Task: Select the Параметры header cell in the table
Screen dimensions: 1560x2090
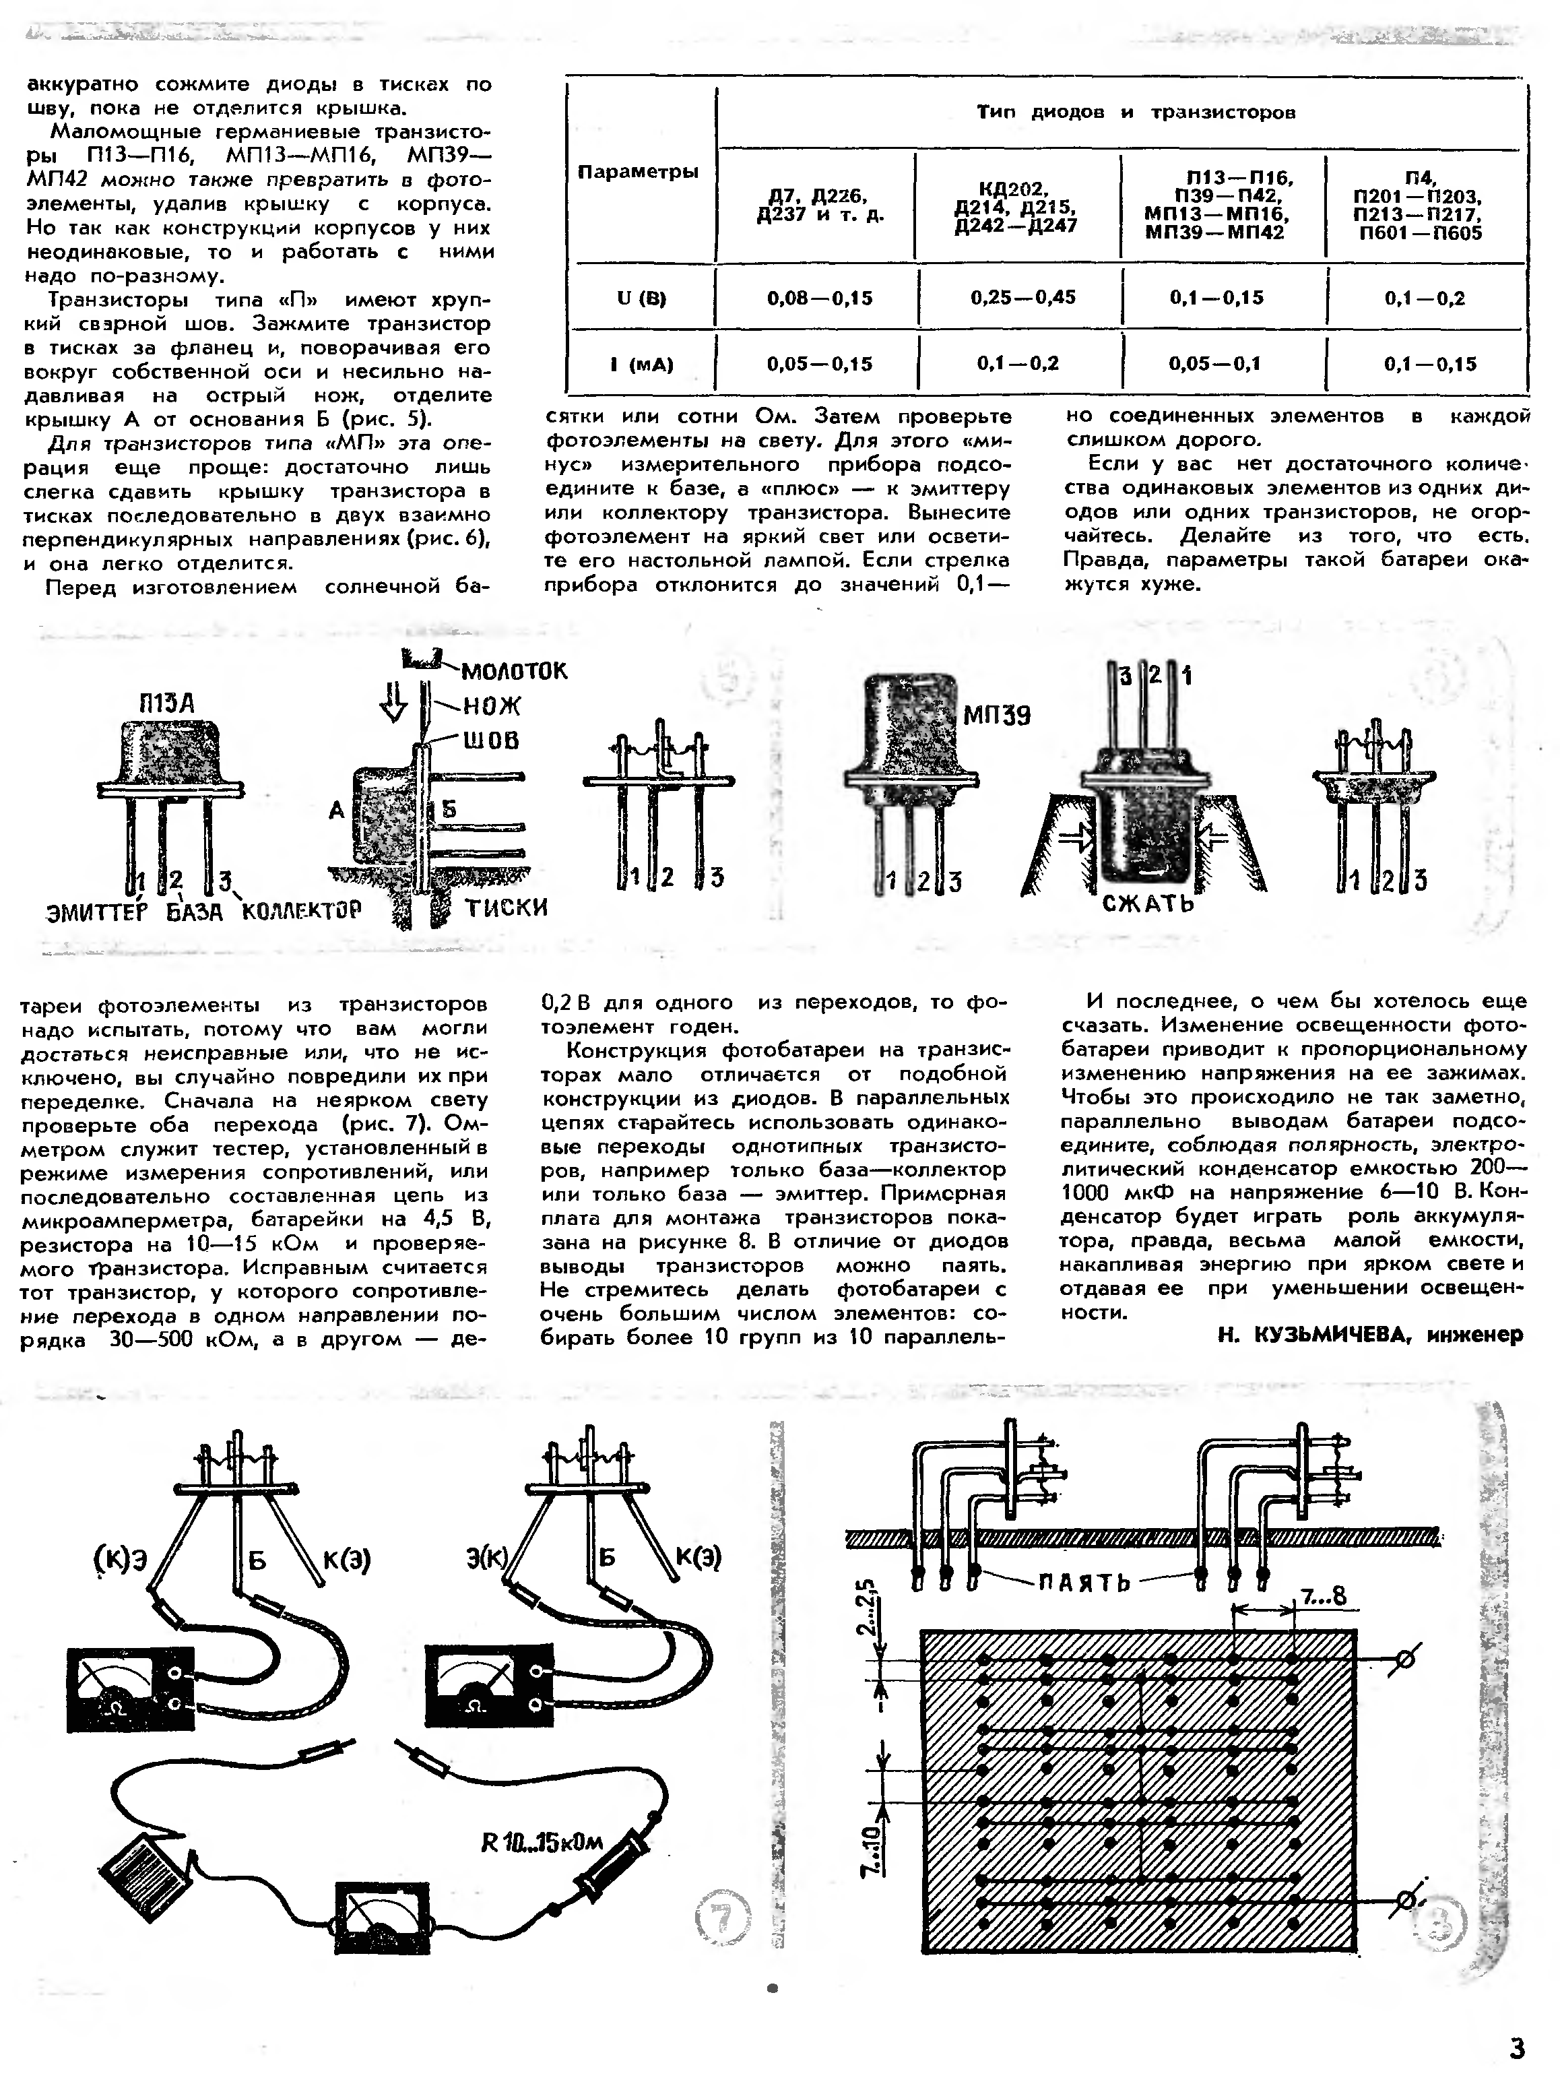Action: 639,172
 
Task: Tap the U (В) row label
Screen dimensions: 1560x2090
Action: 641,298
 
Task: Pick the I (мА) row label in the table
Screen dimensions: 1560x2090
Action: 641,365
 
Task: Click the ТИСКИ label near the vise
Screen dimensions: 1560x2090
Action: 506,908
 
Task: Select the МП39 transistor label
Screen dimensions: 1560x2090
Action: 996,716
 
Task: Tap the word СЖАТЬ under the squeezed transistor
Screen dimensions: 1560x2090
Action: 1148,904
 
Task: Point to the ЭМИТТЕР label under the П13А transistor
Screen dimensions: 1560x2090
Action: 97,912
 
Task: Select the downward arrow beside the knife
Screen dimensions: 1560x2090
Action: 395,701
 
